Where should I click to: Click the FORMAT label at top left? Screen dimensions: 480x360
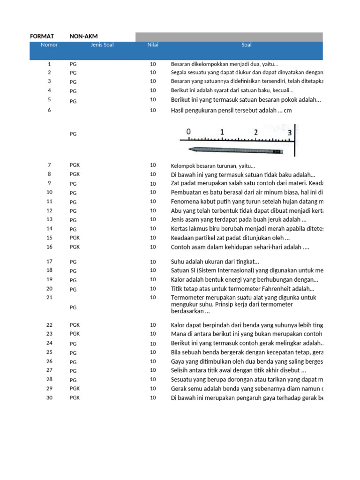coord(42,36)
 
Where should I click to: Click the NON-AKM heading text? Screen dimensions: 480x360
coord(83,36)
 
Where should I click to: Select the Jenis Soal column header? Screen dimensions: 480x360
coord(102,45)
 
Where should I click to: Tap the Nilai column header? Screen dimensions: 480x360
coord(153,45)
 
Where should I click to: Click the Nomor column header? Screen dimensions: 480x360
coord(49,45)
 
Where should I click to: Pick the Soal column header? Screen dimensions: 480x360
coord(246,45)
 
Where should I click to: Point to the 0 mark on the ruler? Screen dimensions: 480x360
coord(188,132)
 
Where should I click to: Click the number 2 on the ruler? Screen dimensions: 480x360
coord(255,132)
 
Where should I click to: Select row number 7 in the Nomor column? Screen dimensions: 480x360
coord(49,165)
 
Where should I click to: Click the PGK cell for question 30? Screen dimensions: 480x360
coord(75,398)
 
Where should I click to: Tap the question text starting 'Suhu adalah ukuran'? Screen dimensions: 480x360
coord(215,262)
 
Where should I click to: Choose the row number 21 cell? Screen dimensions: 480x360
coord(49,298)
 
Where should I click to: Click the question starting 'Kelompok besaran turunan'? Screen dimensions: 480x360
coord(213,165)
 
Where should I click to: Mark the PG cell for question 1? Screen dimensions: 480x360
coord(73,64)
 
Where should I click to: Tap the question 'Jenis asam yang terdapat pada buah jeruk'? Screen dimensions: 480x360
coord(239,219)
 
